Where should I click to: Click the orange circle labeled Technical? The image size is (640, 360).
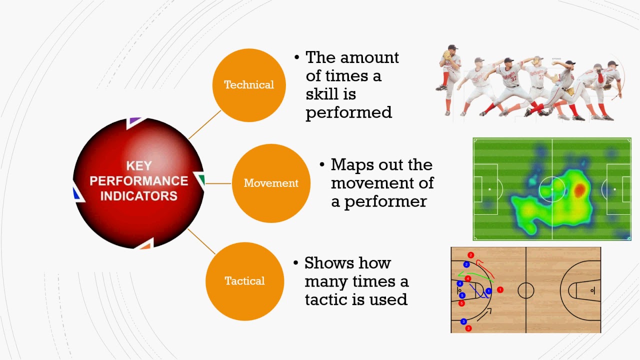249,85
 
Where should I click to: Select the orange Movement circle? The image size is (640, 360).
271,183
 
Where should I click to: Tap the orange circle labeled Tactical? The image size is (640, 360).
244,280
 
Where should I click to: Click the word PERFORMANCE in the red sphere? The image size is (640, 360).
138,180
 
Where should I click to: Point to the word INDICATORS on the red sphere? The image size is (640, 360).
138,195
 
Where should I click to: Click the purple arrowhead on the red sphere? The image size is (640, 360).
134,121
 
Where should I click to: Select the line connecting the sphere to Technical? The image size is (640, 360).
204,124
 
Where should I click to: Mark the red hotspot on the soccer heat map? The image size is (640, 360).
579,189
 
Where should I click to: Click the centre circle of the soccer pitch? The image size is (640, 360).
552,189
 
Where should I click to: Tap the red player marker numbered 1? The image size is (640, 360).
500,289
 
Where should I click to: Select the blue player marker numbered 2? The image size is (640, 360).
466,264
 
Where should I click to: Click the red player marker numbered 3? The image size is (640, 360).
468,328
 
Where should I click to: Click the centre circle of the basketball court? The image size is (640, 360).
525,290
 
